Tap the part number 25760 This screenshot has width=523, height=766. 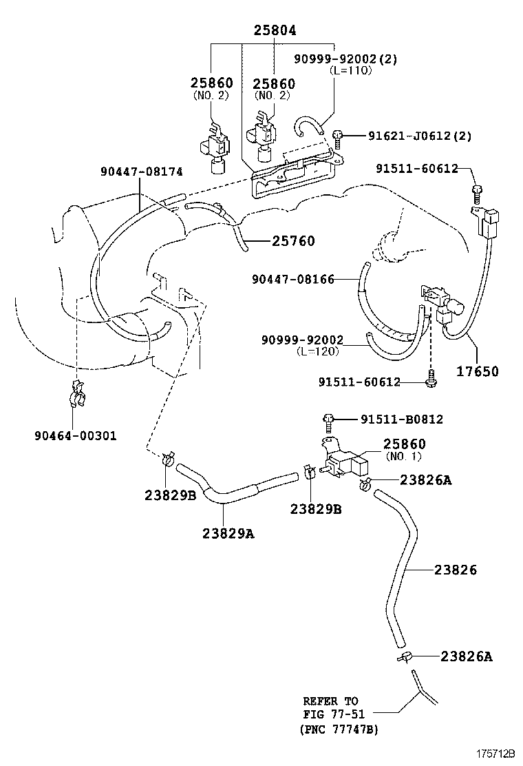(293, 241)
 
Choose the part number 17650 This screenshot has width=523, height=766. (478, 371)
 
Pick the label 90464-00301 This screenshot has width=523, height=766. (75, 435)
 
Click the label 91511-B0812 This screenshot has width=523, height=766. (402, 419)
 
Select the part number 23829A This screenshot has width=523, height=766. (228, 532)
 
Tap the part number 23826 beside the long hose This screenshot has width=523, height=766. (456, 570)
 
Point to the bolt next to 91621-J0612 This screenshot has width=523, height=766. (337, 138)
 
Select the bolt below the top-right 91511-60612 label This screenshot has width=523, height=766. (476, 189)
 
